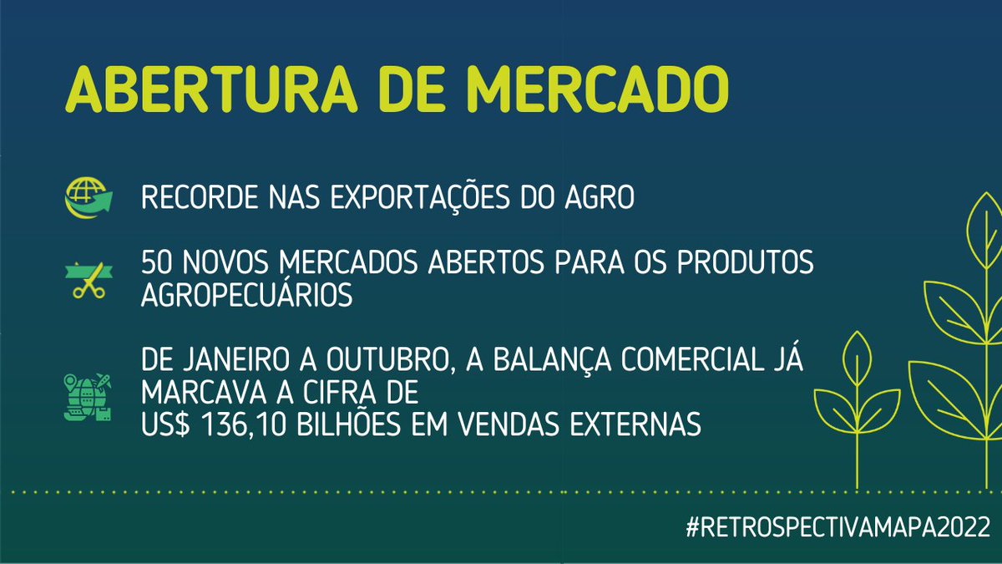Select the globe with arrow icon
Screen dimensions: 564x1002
point(87,200)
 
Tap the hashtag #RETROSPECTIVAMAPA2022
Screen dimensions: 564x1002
point(835,528)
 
